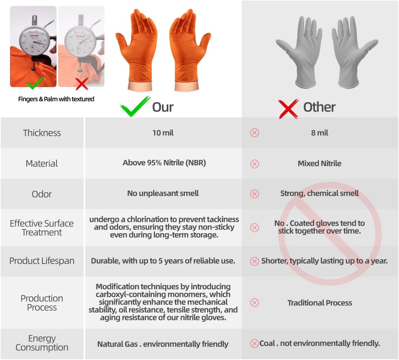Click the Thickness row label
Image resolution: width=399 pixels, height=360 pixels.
(42, 133)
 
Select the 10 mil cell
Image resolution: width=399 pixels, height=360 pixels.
(163, 133)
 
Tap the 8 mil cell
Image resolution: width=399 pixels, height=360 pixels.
(320, 133)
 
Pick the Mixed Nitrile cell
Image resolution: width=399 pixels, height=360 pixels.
(320, 164)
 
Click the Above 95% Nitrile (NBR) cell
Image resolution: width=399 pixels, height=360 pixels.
(164, 163)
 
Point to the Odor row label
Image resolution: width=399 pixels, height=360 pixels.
(42, 194)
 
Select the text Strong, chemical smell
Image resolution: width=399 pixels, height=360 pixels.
(320, 194)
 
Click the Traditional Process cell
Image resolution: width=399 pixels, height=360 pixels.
(320, 303)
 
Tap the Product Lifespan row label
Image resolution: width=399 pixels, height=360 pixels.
(42, 261)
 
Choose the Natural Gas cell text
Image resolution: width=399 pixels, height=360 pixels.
(163, 344)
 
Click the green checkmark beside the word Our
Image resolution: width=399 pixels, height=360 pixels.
(135, 106)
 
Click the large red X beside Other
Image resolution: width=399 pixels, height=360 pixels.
(288, 109)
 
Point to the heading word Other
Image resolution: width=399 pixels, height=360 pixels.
(319, 107)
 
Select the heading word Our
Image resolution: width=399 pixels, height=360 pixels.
(163, 107)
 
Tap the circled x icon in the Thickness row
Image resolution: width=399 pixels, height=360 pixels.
(254, 133)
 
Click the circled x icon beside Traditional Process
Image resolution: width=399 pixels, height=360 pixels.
(254, 303)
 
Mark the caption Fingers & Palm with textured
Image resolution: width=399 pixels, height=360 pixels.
(56, 99)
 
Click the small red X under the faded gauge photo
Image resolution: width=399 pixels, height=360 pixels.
(82, 84)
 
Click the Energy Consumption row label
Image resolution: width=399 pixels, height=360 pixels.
(42, 343)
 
